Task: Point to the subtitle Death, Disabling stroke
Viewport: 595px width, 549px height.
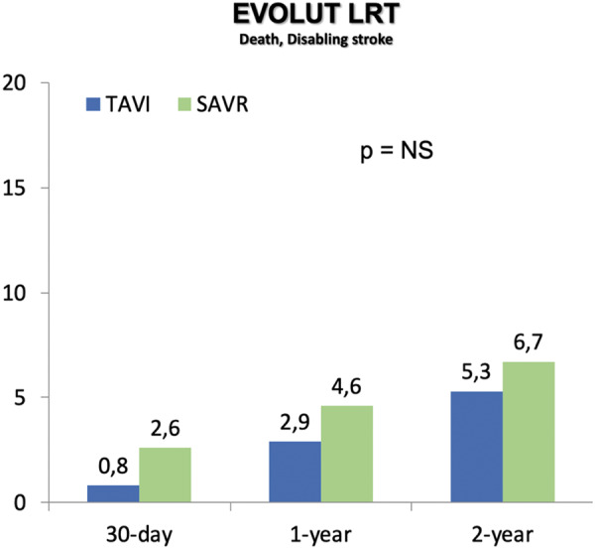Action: click(x=298, y=42)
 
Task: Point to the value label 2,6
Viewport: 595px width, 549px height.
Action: click(x=165, y=431)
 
